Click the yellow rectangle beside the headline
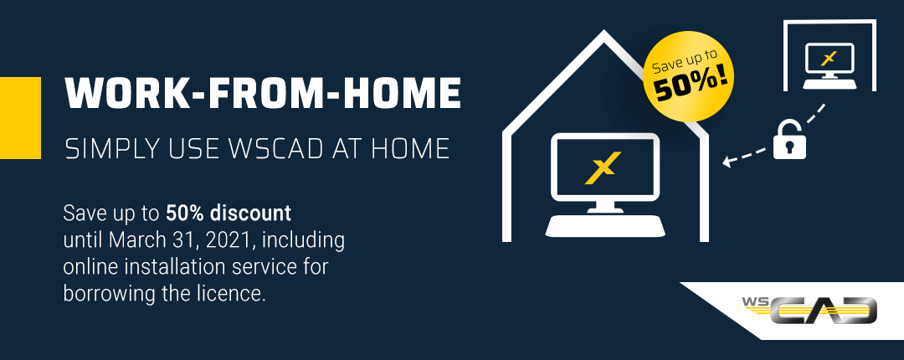point(20,118)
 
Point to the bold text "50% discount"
point(229,213)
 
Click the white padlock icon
point(789,139)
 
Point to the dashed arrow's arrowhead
point(727,162)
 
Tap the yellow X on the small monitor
point(829,59)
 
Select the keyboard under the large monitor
point(605,225)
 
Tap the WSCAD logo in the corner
point(809,311)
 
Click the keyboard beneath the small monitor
point(830,85)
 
